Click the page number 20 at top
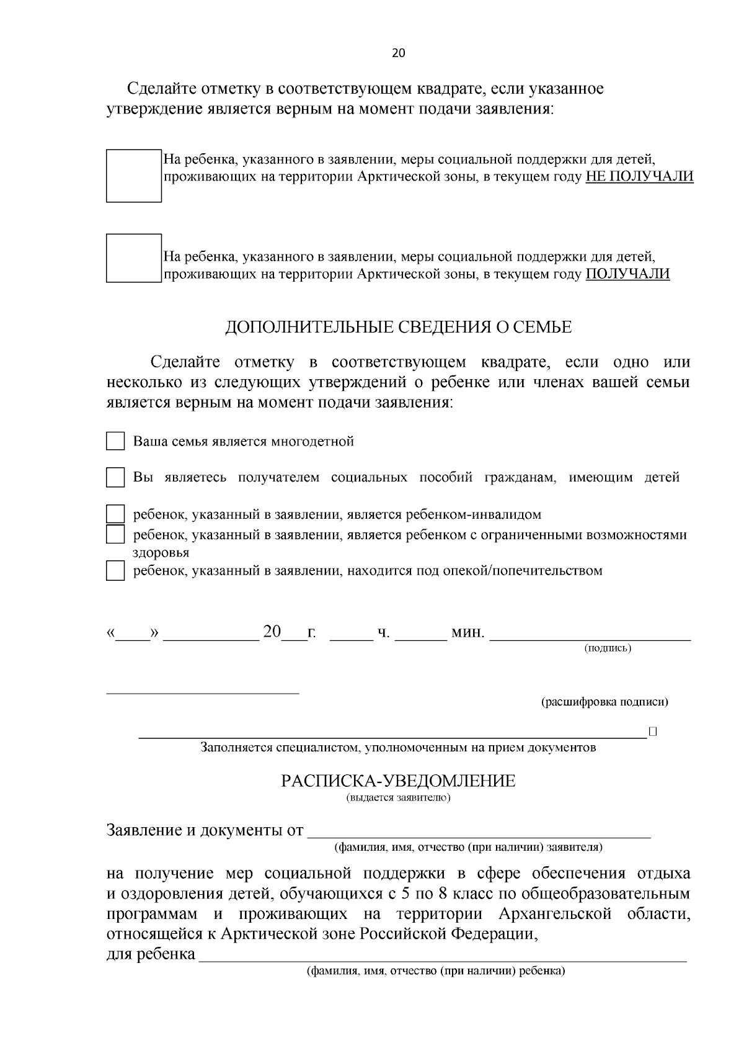(399, 53)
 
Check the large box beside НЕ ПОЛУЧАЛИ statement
(133, 176)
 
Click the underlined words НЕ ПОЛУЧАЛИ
(639, 177)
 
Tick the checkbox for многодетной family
(115, 441)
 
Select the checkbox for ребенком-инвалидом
(115, 514)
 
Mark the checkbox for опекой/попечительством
(115, 571)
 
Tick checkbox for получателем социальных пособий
(115, 478)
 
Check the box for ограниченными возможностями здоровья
(115, 534)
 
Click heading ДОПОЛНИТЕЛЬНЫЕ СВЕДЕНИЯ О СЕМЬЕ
(398, 327)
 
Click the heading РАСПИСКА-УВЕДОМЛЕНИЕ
(398, 781)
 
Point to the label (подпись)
(608, 648)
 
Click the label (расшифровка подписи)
(604, 702)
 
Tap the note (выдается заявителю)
(398, 797)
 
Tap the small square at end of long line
(652, 732)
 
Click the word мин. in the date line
(467, 632)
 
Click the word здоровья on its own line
(161, 552)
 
